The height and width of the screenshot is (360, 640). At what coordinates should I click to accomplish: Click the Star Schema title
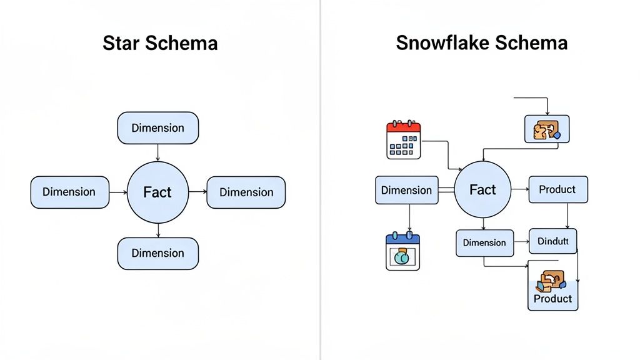click(x=160, y=43)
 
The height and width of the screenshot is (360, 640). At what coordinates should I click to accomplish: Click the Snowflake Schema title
click(x=481, y=43)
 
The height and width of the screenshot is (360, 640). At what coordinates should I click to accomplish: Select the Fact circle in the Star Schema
click(x=157, y=192)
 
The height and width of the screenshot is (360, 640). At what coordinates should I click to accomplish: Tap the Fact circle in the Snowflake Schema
click(x=482, y=189)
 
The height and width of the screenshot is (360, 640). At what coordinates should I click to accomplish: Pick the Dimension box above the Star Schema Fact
click(x=157, y=127)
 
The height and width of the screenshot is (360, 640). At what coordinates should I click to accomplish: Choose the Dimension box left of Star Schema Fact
click(x=69, y=192)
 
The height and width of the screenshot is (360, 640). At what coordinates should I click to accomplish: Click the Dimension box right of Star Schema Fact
click(x=246, y=192)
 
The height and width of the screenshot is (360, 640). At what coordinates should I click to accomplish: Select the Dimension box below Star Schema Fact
click(x=157, y=253)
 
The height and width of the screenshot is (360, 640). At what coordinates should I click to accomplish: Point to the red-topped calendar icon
click(x=404, y=140)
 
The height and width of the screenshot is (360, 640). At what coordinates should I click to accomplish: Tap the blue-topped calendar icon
click(x=403, y=251)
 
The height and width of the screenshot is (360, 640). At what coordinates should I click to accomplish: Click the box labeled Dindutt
click(x=552, y=241)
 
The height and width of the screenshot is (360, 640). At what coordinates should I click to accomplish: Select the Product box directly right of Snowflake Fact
click(x=557, y=189)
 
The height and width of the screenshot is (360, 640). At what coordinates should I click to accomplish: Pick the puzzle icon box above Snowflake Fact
click(x=546, y=129)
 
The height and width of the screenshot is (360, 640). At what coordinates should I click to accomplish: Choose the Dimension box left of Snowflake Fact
click(x=406, y=190)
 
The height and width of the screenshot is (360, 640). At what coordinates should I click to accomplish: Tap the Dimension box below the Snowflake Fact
click(x=484, y=243)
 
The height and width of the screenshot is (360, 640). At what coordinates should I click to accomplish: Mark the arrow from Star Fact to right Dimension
click(x=197, y=192)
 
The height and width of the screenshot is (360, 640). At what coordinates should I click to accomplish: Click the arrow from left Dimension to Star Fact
click(x=118, y=192)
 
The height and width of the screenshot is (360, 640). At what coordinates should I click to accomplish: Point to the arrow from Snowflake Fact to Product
click(x=520, y=189)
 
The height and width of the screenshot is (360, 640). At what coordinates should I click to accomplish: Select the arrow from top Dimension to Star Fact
click(x=157, y=152)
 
